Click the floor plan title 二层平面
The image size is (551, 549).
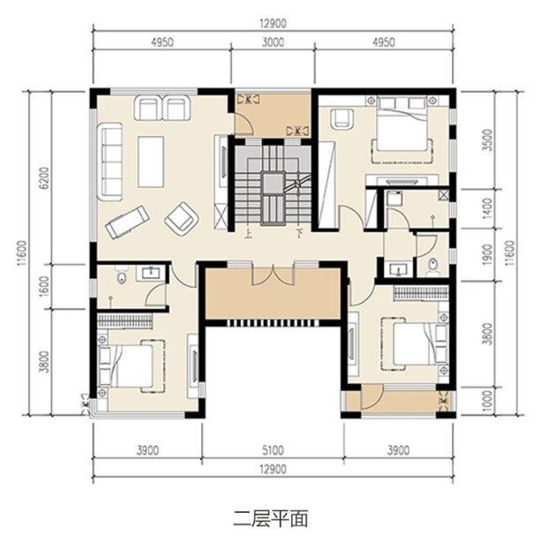click(x=270, y=519)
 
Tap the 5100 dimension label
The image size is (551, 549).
click(x=273, y=450)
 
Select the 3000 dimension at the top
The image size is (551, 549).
click(x=273, y=42)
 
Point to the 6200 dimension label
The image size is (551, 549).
click(x=45, y=177)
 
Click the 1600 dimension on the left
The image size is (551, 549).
click(x=45, y=287)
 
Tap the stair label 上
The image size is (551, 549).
click(x=248, y=234)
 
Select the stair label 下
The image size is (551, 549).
click(x=299, y=233)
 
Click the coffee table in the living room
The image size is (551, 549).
click(x=151, y=162)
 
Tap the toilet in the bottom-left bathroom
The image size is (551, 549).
click(x=122, y=274)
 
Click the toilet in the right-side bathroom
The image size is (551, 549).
click(x=433, y=267)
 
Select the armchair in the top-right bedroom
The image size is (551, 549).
click(x=341, y=119)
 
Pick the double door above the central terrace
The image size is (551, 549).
click(x=273, y=274)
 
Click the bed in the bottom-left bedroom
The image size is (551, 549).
click(x=132, y=366)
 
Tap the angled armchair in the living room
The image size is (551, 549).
click(x=181, y=219)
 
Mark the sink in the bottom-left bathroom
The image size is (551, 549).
click(x=151, y=272)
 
